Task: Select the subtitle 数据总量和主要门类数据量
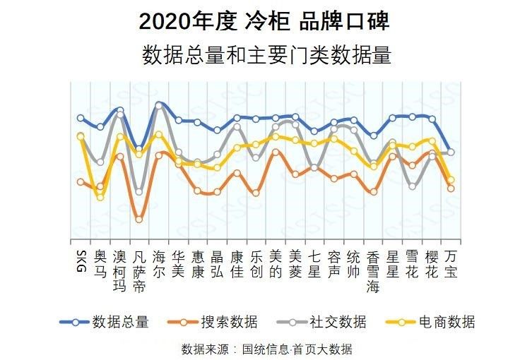tap(266, 55)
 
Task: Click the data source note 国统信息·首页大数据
tap(266, 349)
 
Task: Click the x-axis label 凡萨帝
tap(139, 270)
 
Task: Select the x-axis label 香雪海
tap(373, 270)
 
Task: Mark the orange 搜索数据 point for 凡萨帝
tap(139, 220)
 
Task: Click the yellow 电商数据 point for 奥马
tap(100, 197)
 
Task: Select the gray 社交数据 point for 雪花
tap(412, 186)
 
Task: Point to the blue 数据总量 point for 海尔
tap(159, 104)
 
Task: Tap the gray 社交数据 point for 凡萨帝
tap(139, 191)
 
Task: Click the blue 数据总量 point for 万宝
tap(451, 152)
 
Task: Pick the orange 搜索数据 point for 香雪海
tap(373, 191)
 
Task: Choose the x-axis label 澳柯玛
tap(119, 270)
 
